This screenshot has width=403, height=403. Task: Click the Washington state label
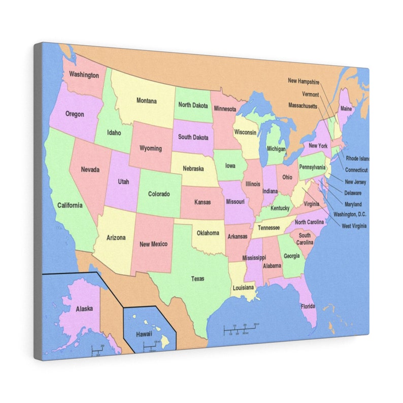[x=84, y=75]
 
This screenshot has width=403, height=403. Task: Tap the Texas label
[x=197, y=279]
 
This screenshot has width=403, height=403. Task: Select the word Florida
[x=308, y=307]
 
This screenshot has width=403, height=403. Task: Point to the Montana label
[x=146, y=101]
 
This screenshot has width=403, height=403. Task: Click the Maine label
[x=346, y=109]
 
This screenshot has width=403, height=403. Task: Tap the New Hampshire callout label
[x=304, y=81]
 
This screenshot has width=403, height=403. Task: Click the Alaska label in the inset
[x=84, y=309]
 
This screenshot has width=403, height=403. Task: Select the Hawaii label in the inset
[x=143, y=334]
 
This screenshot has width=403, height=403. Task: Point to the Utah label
[x=123, y=181]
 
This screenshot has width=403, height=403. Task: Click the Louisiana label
[x=243, y=288]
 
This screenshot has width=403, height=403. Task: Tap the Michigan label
[x=276, y=149]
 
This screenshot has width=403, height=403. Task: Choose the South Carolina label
[x=305, y=239]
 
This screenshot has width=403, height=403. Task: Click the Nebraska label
[x=193, y=169]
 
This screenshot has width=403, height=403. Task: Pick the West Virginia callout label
[x=354, y=226]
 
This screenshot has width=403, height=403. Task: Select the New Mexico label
[x=153, y=245]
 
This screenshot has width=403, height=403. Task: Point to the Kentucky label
[x=280, y=208]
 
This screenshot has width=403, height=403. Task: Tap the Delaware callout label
[x=353, y=193]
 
